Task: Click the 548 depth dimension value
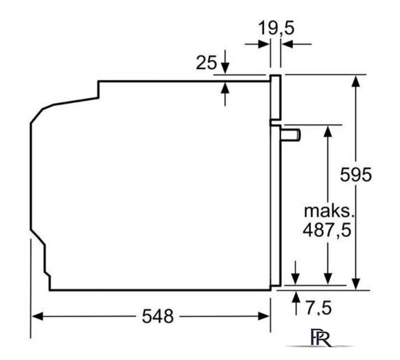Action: pos(158,316)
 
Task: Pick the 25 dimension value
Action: pos(206,63)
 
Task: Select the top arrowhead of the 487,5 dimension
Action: pos(325,131)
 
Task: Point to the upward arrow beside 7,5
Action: pos(296,297)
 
